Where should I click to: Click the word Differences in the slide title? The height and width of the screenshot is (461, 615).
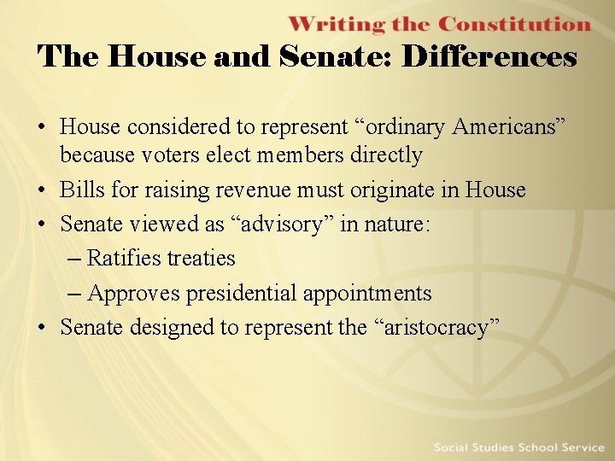click(489, 57)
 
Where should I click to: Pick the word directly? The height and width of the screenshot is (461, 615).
click(382, 155)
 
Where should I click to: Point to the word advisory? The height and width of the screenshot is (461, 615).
click(282, 225)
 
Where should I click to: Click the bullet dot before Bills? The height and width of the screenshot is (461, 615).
click(43, 190)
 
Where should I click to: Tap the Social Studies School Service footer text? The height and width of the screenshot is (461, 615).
click(519, 447)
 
